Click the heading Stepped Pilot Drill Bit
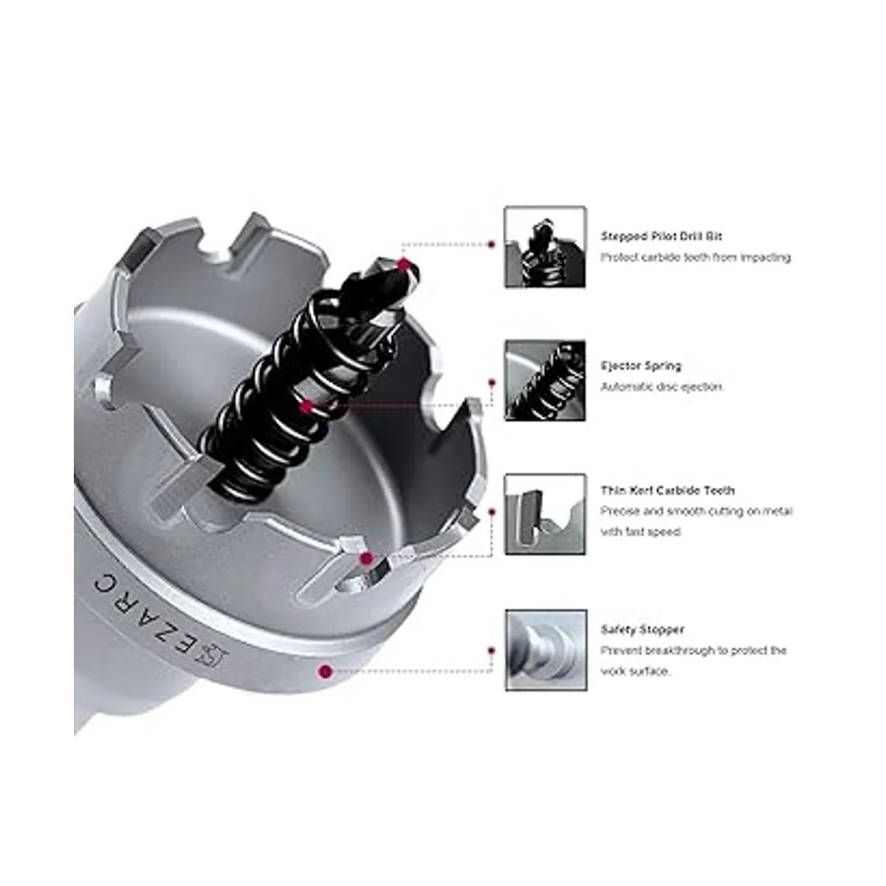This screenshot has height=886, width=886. (x=661, y=236)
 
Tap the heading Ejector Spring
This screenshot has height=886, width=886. (x=641, y=366)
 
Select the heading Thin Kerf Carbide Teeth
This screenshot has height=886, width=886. (x=667, y=490)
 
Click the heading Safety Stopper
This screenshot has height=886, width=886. (x=642, y=630)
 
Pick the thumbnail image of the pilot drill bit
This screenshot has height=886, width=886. (x=545, y=247)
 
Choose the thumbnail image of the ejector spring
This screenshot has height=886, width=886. (x=545, y=380)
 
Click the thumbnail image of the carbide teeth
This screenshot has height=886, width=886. (x=545, y=514)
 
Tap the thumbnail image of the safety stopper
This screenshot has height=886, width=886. (x=546, y=650)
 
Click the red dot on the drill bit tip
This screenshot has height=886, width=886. (x=404, y=265)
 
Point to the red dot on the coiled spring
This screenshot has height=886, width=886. (x=306, y=406)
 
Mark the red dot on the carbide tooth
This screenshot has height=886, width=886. (x=366, y=559)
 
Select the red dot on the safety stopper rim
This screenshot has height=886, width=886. (x=326, y=672)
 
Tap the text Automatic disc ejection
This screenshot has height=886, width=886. (x=662, y=387)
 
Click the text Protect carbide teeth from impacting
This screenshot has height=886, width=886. (x=696, y=258)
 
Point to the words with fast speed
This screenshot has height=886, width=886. (x=641, y=532)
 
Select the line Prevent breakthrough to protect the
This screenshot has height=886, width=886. (x=693, y=650)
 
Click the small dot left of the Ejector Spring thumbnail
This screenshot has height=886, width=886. (x=492, y=382)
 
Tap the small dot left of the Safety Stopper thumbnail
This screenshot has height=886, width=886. (x=492, y=650)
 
